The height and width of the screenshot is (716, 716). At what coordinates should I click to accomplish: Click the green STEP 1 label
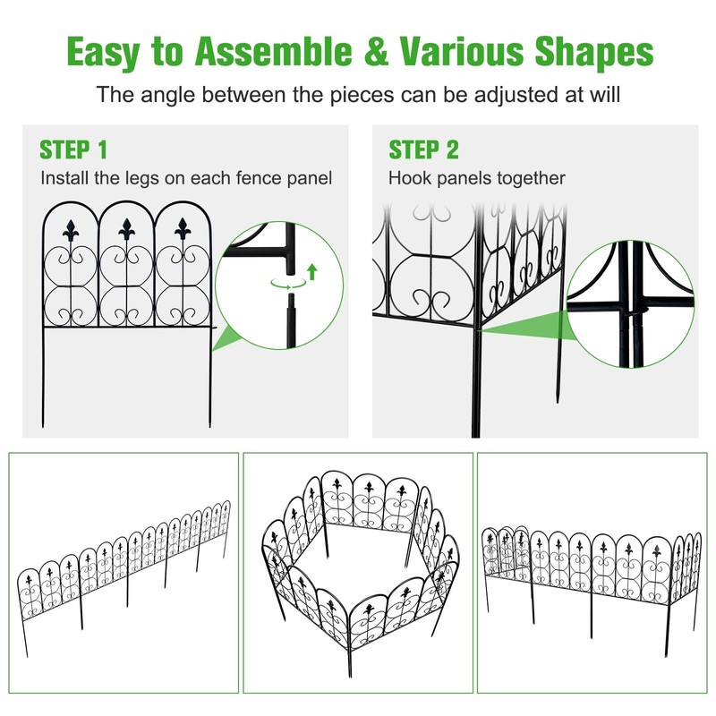(73, 149)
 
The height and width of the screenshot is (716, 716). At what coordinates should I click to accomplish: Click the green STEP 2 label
(422, 149)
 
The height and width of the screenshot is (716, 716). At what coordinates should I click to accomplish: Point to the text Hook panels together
(476, 179)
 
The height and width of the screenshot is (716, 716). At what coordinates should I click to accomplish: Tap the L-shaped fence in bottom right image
(591, 564)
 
